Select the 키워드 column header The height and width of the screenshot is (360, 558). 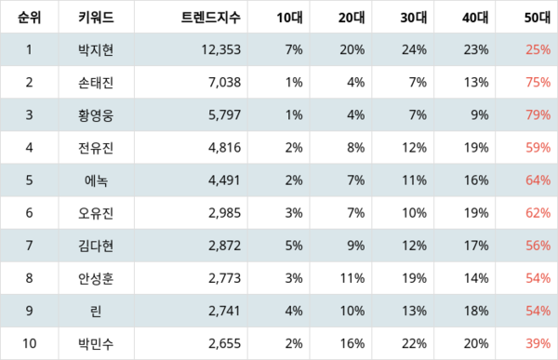point(96,17)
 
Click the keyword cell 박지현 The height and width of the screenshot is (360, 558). point(96,49)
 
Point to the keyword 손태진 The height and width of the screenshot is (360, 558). point(96,82)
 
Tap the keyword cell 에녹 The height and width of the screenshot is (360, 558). point(96,180)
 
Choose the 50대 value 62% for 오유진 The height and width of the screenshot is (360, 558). point(537,213)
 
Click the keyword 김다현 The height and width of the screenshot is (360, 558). point(96,246)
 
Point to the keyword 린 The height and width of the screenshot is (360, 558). point(96,311)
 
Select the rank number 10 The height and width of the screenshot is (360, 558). point(29,343)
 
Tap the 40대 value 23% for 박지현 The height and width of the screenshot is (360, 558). point(474,49)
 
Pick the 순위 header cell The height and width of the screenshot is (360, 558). point(29,17)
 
